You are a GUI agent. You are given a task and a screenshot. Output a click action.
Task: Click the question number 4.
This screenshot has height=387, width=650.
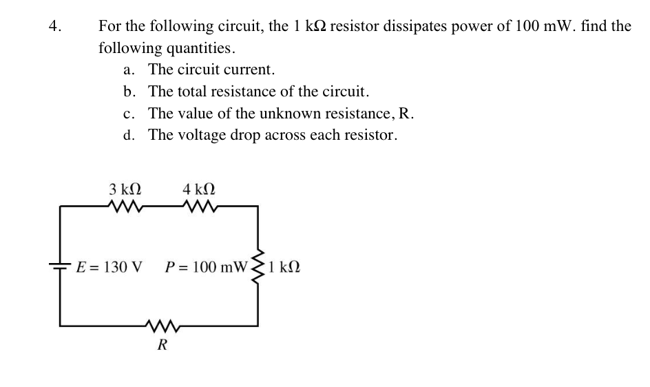click(55, 27)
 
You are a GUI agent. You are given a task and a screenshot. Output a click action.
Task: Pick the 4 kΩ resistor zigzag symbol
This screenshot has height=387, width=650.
click(200, 206)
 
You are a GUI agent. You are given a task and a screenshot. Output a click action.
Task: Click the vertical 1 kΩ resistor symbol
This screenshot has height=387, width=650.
click(258, 265)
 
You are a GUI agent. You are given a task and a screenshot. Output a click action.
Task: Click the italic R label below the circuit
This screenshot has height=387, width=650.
click(162, 345)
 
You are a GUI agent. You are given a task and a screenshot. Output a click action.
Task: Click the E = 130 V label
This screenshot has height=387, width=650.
click(109, 266)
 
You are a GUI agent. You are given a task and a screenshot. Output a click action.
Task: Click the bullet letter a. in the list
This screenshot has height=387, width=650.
click(129, 70)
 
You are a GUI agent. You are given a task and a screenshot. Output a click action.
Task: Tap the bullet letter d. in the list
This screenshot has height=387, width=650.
click(129, 135)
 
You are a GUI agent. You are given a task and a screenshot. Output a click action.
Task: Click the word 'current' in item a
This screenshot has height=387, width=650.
click(251, 70)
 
